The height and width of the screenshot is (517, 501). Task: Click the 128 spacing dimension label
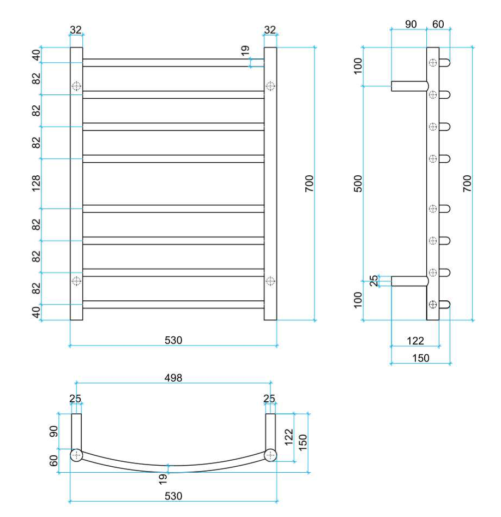pyautogui.click(x=36, y=183)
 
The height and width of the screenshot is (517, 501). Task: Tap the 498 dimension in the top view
pyautogui.click(x=173, y=378)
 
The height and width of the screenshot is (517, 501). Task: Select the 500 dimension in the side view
pyautogui.click(x=358, y=183)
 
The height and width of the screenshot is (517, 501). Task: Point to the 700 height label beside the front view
pyautogui.click(x=309, y=183)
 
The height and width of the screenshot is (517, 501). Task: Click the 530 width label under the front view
pyautogui.click(x=173, y=340)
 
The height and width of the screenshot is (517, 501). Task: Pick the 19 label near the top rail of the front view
pyautogui.click(x=245, y=50)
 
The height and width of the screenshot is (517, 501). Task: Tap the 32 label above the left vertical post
pyautogui.click(x=76, y=30)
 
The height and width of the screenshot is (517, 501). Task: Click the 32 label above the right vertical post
pyautogui.click(x=270, y=30)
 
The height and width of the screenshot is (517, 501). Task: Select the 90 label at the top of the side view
pyautogui.click(x=411, y=24)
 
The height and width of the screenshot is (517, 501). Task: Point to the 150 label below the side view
pyautogui.click(x=421, y=358)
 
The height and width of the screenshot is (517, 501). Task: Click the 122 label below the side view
pyautogui.click(x=415, y=341)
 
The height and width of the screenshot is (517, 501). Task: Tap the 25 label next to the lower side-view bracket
pyautogui.click(x=374, y=281)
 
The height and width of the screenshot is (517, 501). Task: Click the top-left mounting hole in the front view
pyautogui.click(x=76, y=86)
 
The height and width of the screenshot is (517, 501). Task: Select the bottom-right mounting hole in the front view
pyautogui.click(x=270, y=281)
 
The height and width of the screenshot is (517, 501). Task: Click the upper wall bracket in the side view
pyautogui.click(x=410, y=86)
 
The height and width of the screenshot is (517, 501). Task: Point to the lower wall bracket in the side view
pyautogui.click(x=410, y=281)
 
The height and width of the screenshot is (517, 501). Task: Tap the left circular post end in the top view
pyautogui.click(x=76, y=455)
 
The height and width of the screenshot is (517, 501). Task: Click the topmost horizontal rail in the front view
pyautogui.click(x=173, y=63)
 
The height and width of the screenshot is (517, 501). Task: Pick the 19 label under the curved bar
pyautogui.click(x=163, y=479)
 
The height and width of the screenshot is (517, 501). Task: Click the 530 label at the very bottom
pyautogui.click(x=173, y=496)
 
